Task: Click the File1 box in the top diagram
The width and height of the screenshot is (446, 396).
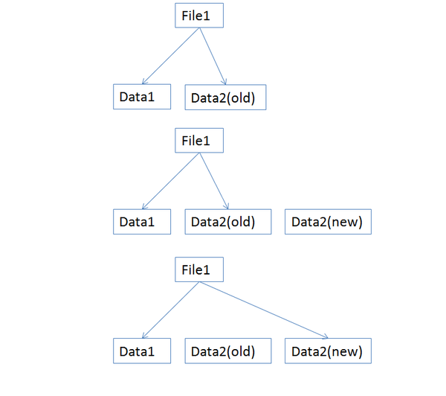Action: coord(199,16)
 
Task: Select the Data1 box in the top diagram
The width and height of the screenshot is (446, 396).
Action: coord(142,97)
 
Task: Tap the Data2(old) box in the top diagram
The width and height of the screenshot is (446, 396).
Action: coord(225,98)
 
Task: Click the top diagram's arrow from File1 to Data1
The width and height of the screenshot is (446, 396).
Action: coord(171,56)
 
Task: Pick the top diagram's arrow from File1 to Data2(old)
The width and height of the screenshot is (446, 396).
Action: coord(213,56)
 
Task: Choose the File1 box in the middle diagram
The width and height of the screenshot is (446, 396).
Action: coord(199,141)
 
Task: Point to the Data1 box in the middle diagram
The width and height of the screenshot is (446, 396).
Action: coord(142,222)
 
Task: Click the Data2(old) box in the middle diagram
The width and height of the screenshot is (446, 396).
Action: coord(228,222)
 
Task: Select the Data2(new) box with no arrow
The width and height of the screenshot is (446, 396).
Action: coord(328,222)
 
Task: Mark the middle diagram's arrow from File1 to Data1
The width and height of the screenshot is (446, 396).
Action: coord(171,181)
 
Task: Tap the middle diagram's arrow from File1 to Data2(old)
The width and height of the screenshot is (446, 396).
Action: coord(214,181)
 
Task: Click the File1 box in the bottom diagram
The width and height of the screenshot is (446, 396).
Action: coord(199,269)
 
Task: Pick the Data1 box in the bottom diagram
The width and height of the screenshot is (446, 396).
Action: coord(142,351)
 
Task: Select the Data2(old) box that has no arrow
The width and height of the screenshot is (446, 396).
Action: coord(228,351)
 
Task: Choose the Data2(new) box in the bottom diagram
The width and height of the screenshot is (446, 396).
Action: coord(328,351)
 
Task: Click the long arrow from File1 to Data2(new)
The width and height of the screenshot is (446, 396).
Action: coord(264,310)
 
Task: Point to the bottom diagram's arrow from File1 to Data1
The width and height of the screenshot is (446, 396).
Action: coord(171,310)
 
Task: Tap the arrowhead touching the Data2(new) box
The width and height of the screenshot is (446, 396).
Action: coord(325,336)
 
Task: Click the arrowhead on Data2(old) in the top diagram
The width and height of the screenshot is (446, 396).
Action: coord(224,81)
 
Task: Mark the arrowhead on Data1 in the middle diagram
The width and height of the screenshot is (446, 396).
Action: coord(144,206)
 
